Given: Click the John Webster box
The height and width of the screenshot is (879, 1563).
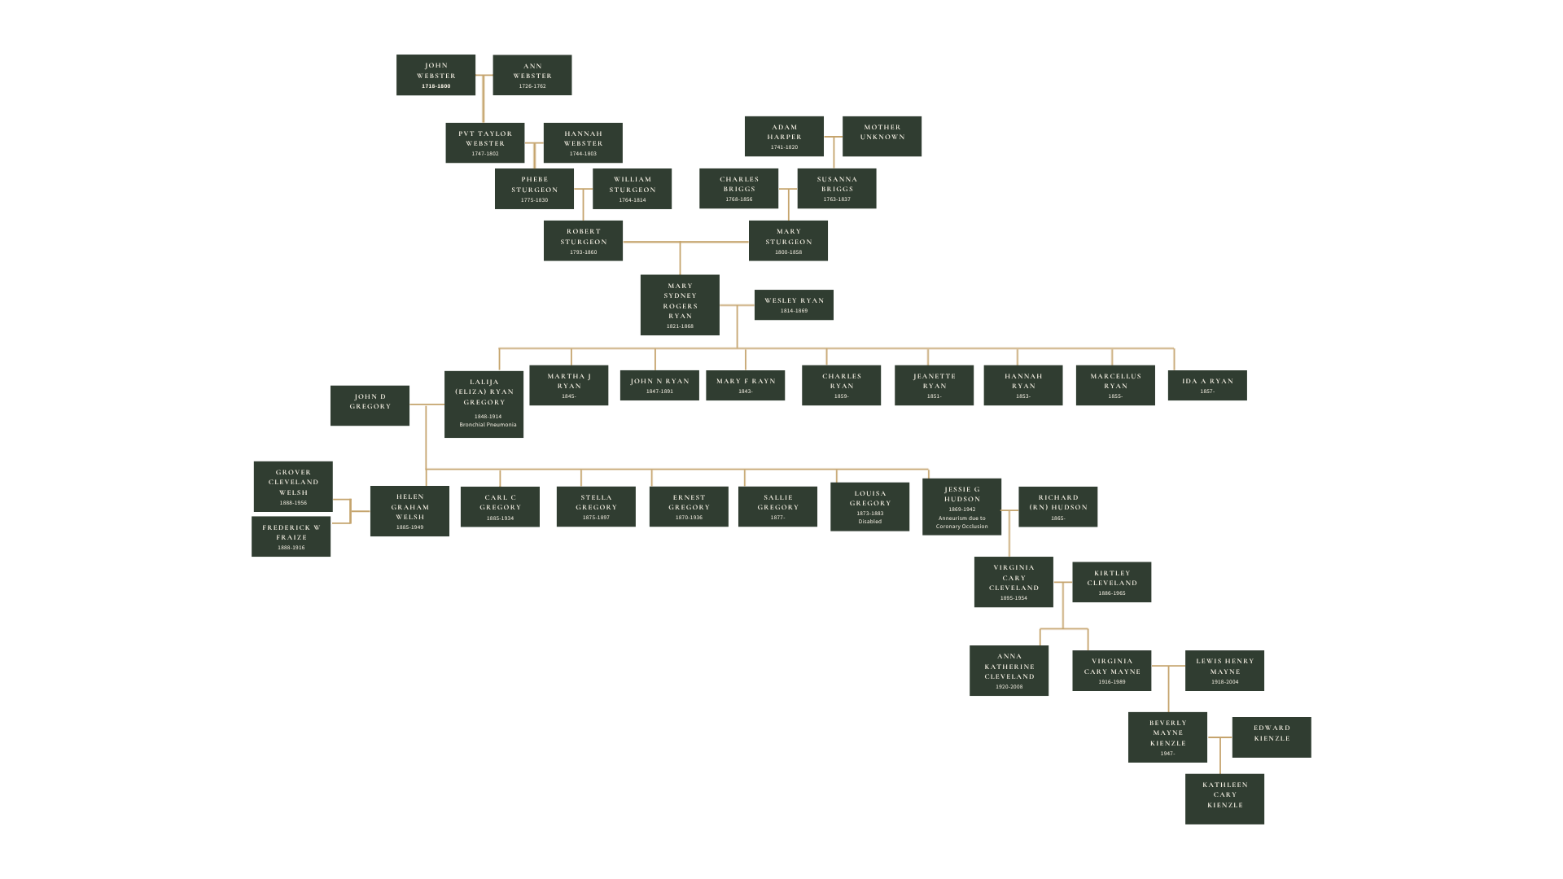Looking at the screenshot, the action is click(436, 75).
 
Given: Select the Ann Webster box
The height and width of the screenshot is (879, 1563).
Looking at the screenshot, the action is click(532, 75).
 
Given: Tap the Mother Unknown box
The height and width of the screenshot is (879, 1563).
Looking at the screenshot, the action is click(882, 136).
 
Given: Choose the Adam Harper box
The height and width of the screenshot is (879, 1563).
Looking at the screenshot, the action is click(784, 136).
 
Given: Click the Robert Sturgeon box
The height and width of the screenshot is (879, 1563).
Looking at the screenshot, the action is click(583, 241).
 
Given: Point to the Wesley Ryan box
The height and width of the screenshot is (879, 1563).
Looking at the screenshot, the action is click(794, 305).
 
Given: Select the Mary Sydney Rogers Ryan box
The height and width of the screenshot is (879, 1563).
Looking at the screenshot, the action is click(680, 305).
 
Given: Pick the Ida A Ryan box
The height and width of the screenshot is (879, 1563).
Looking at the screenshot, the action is click(1207, 385).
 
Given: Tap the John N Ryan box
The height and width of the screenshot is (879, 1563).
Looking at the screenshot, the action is click(659, 385).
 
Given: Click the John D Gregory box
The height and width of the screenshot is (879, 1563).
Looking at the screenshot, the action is click(370, 405).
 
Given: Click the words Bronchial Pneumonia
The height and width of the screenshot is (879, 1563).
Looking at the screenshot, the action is click(488, 425).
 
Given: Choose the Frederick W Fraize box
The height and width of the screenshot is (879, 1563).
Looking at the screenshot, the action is click(291, 536).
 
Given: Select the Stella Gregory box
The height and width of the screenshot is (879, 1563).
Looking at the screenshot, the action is click(596, 506).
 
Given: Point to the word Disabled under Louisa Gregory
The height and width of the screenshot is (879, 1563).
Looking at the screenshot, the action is click(869, 522).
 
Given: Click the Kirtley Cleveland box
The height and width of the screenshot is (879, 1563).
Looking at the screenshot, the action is click(1111, 582).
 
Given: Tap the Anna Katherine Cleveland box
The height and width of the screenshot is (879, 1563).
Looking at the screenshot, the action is click(1009, 671).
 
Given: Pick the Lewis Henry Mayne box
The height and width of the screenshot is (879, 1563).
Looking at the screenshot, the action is click(1224, 671).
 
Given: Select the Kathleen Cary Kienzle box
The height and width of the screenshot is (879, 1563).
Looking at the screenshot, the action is click(1224, 798).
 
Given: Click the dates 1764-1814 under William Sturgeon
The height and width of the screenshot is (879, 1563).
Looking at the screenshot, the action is click(633, 200).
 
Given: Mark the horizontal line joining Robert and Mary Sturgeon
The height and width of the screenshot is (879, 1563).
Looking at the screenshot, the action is click(685, 242).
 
